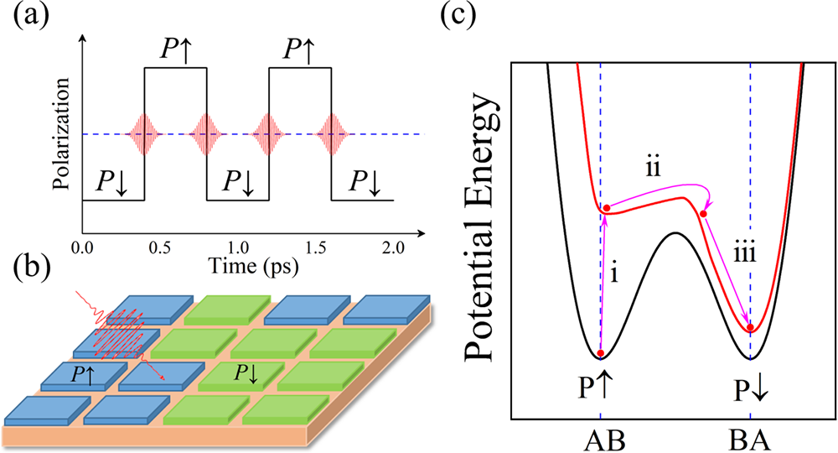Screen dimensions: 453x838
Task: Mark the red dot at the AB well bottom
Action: (x=601, y=353)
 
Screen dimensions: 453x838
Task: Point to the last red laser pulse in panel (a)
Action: (x=332, y=133)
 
